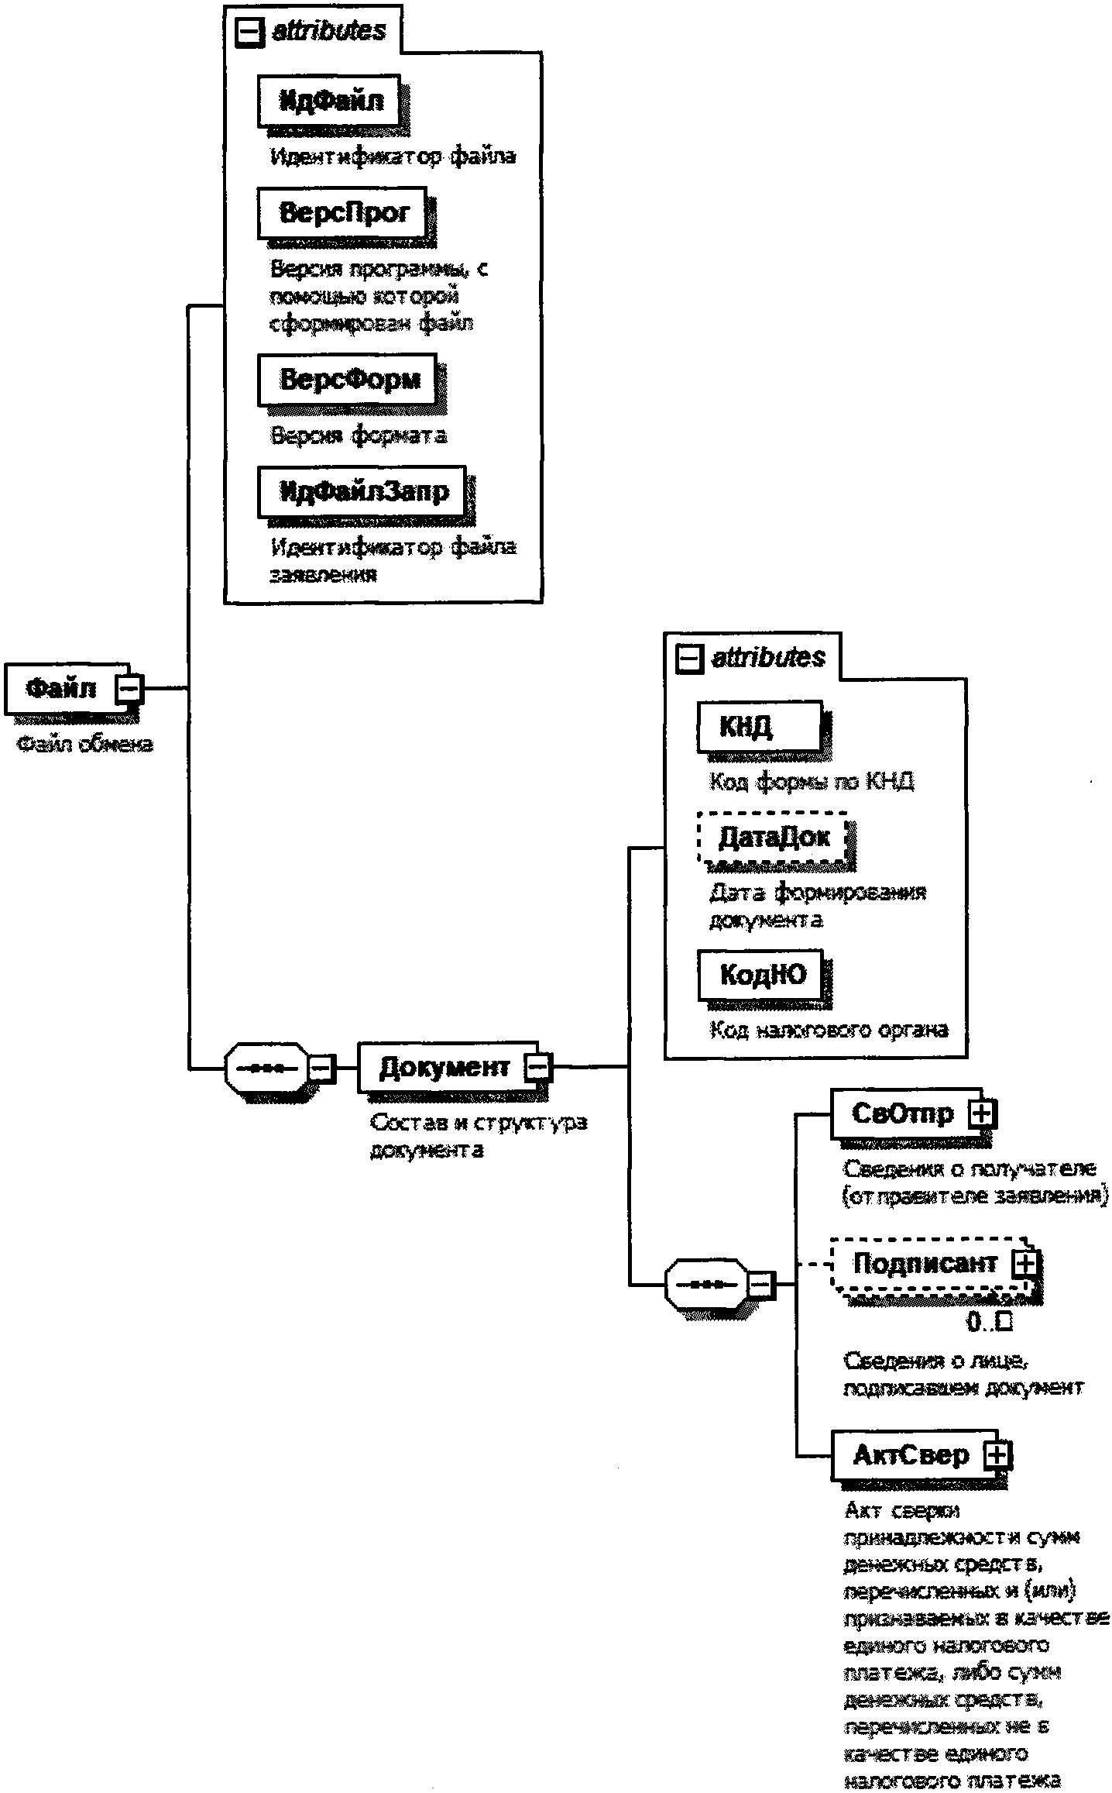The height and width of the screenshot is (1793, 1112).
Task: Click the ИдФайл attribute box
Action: pos(329,101)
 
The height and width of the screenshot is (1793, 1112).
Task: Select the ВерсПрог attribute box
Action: pos(343,212)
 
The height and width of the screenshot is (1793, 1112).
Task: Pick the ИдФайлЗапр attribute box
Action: pos(362,491)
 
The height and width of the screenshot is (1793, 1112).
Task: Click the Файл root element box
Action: pos(62,688)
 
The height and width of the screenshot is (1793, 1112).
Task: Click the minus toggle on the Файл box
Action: pos(129,688)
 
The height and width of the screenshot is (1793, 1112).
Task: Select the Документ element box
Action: pos(444,1068)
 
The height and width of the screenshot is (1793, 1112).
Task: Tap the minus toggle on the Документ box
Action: pos(537,1068)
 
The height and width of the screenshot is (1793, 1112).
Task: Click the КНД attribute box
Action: pos(760,727)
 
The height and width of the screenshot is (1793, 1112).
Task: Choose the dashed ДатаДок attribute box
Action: pos(773,837)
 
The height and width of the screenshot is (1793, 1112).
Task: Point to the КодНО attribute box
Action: pos(763,975)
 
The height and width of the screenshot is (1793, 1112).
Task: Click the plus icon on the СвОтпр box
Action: pos(981,1114)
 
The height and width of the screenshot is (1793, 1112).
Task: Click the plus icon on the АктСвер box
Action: pos(997,1454)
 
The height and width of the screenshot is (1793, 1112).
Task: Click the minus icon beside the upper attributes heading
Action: pos(249,33)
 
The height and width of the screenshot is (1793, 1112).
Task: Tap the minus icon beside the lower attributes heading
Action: pos(688,659)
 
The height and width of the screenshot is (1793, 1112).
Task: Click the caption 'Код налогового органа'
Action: pos(829,1030)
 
